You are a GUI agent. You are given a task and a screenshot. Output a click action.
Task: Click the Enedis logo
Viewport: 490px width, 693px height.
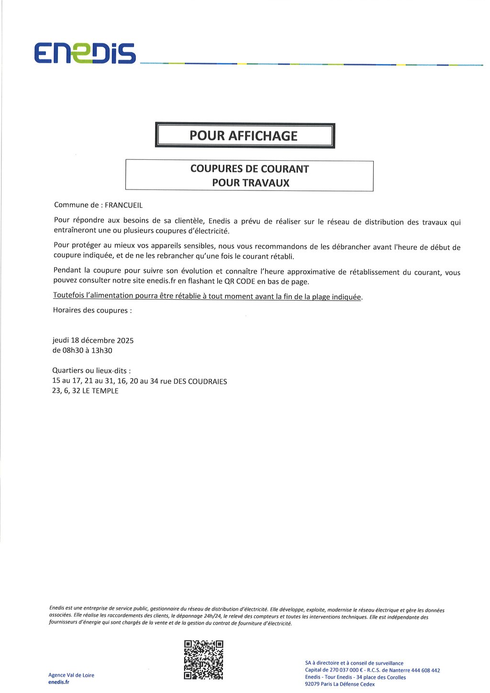point(85,53)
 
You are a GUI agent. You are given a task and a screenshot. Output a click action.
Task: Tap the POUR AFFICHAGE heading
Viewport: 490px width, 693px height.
point(244,136)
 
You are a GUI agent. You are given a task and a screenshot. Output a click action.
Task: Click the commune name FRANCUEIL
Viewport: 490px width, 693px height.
point(123,205)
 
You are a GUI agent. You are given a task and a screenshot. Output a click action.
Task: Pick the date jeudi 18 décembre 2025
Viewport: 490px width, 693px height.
point(93,341)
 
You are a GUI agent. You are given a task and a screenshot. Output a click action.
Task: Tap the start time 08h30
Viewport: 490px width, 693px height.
point(72,351)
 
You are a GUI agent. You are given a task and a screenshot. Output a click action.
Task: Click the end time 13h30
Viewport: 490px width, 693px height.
point(102,351)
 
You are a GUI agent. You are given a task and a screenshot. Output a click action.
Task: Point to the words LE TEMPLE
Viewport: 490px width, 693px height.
point(100,391)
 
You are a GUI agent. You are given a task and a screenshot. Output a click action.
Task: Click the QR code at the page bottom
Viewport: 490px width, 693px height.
point(203,659)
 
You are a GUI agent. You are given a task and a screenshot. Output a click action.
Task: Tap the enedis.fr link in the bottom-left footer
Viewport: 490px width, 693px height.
point(58,682)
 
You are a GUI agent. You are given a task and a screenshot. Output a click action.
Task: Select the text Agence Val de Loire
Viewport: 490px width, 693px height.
point(71,675)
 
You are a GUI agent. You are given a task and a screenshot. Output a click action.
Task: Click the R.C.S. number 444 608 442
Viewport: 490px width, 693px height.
point(425,671)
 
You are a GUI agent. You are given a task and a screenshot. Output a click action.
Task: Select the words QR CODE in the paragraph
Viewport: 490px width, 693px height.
point(239,281)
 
